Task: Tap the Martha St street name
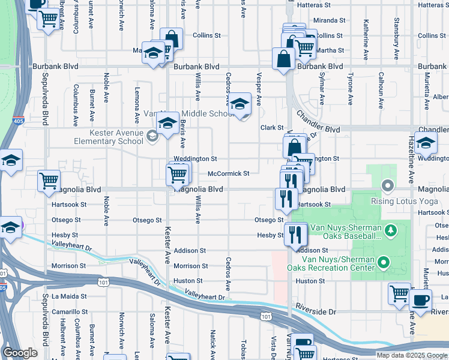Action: click(x=333, y=50)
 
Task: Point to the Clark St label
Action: click(x=271, y=128)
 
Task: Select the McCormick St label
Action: click(x=228, y=173)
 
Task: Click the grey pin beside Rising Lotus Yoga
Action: click(x=388, y=185)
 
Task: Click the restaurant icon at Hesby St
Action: click(x=295, y=234)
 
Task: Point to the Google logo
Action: click(x=20, y=353)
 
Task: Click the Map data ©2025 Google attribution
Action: click(x=411, y=355)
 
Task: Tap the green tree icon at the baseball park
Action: click(x=390, y=230)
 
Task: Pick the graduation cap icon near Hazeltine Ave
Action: click(x=425, y=144)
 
